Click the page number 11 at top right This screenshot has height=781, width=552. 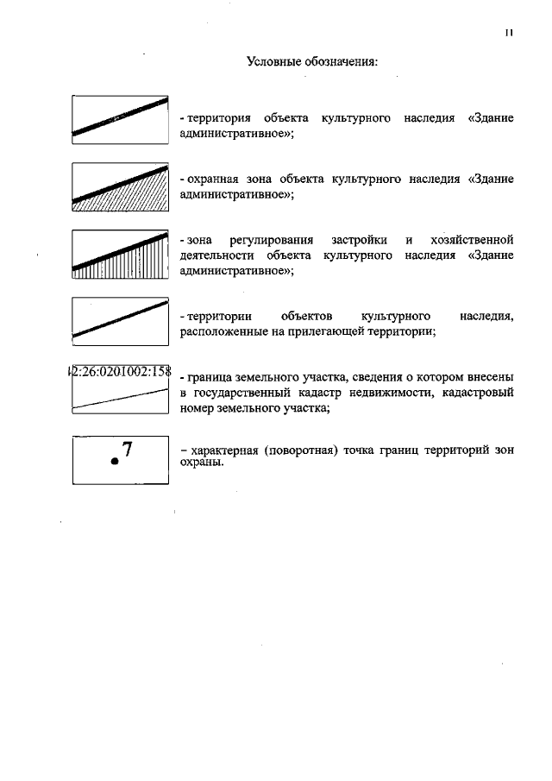(510, 34)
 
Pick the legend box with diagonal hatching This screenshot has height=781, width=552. (120, 187)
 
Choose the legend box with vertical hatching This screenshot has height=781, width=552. (120, 254)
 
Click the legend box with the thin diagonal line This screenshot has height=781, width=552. (120, 321)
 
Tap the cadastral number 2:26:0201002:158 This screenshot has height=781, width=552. (120, 373)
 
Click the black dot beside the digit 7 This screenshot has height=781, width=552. (114, 463)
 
